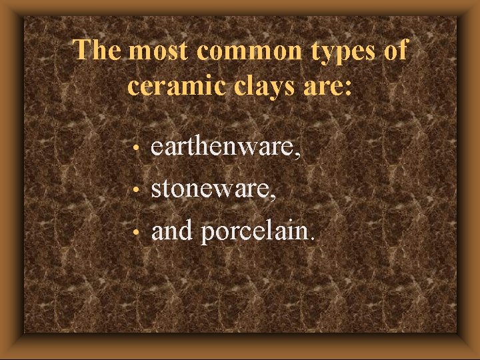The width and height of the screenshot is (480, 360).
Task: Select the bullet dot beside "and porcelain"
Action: (136, 233)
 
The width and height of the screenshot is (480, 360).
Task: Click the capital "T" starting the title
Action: (82, 51)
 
